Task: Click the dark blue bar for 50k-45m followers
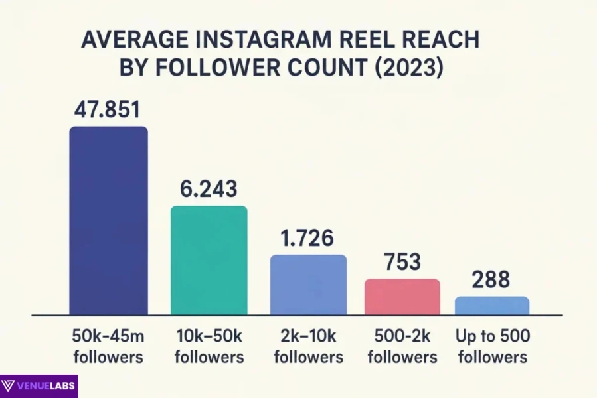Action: (108, 220)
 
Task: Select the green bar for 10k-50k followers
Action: (209, 260)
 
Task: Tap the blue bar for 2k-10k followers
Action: (307, 285)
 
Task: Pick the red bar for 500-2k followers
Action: (402, 297)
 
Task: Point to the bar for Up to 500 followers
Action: (491, 305)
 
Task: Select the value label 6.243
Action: (209, 189)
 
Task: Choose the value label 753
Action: (402, 262)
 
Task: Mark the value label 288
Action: (491, 280)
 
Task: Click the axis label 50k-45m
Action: (108, 337)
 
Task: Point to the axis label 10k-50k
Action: (209, 337)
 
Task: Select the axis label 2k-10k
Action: (308, 337)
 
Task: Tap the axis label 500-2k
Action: (402, 337)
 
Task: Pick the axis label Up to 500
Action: (491, 337)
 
